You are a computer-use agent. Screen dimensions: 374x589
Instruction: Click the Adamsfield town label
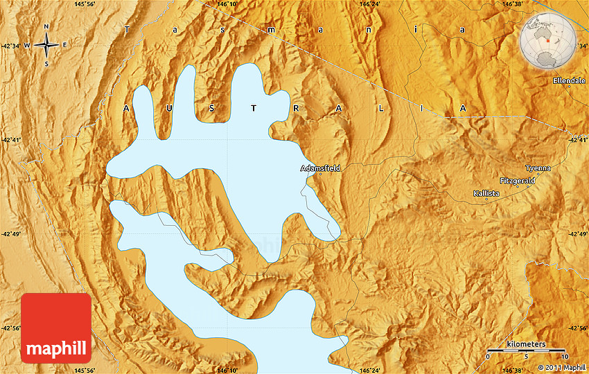[320, 168]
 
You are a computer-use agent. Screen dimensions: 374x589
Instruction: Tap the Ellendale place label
[569, 81]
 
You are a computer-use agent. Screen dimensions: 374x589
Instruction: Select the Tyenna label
[538, 168]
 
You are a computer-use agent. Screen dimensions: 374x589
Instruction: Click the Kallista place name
[486, 193]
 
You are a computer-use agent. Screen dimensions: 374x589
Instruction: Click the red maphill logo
[56, 328]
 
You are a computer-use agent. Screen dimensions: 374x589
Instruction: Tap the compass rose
[46, 46]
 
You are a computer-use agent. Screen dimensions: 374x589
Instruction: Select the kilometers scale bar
[527, 350]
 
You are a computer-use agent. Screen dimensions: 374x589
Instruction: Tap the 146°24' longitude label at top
[370, 4]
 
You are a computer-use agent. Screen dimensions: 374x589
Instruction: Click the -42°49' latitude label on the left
[11, 234]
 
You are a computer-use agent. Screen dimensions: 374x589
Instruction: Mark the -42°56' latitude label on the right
[578, 328]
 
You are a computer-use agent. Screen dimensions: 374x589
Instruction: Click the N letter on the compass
[46, 27]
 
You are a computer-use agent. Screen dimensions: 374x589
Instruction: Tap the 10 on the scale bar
[565, 357]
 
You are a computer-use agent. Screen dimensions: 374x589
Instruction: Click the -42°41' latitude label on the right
[578, 140]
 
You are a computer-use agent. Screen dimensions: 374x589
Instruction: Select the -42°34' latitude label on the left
[11, 46]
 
